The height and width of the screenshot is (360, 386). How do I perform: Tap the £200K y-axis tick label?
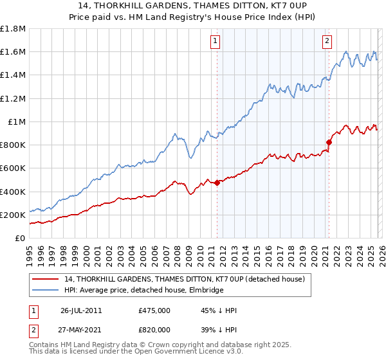coord(13,215)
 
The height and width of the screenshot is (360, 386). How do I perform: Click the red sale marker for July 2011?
coord(217,183)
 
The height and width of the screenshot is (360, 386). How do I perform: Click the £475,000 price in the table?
coord(154,310)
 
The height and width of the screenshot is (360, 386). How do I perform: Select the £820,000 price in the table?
coord(154,329)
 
